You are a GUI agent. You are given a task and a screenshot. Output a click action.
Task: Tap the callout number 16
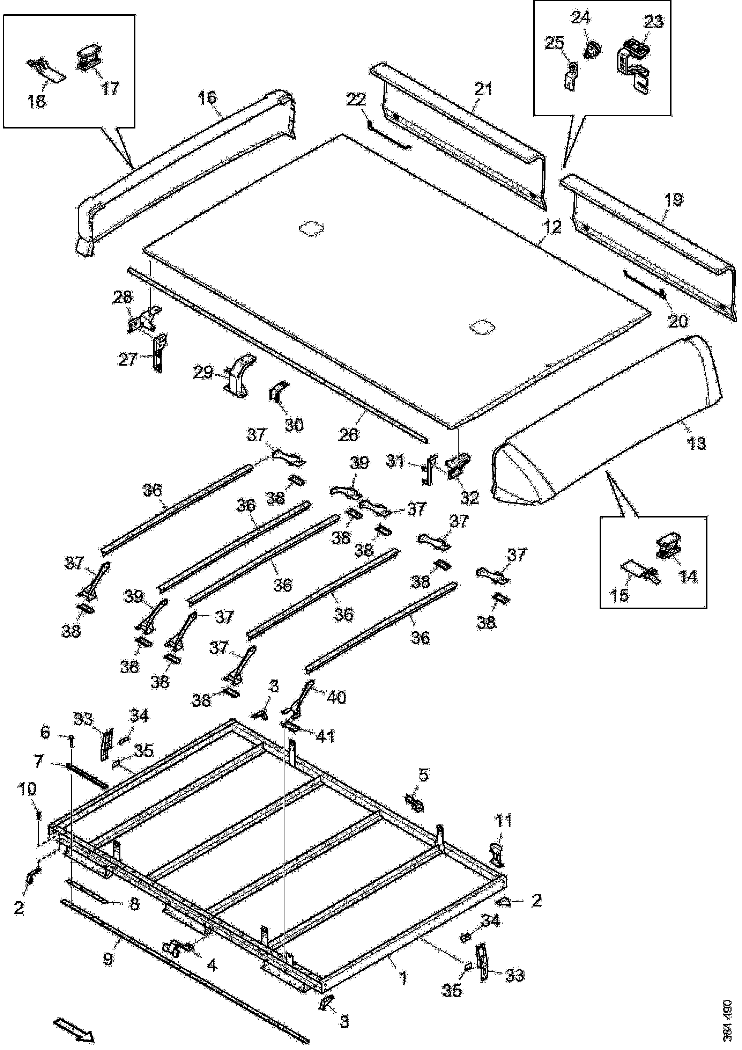point(208,98)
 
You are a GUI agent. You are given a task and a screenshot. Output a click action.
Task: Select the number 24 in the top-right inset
point(581,18)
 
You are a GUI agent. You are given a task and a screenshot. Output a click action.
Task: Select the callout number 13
point(696,443)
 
